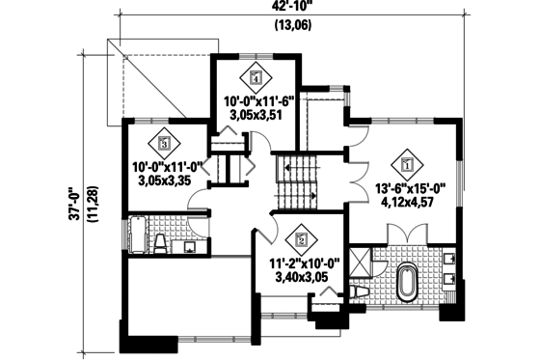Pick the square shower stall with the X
click(x=359, y=261)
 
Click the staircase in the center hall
click(x=296, y=183)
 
